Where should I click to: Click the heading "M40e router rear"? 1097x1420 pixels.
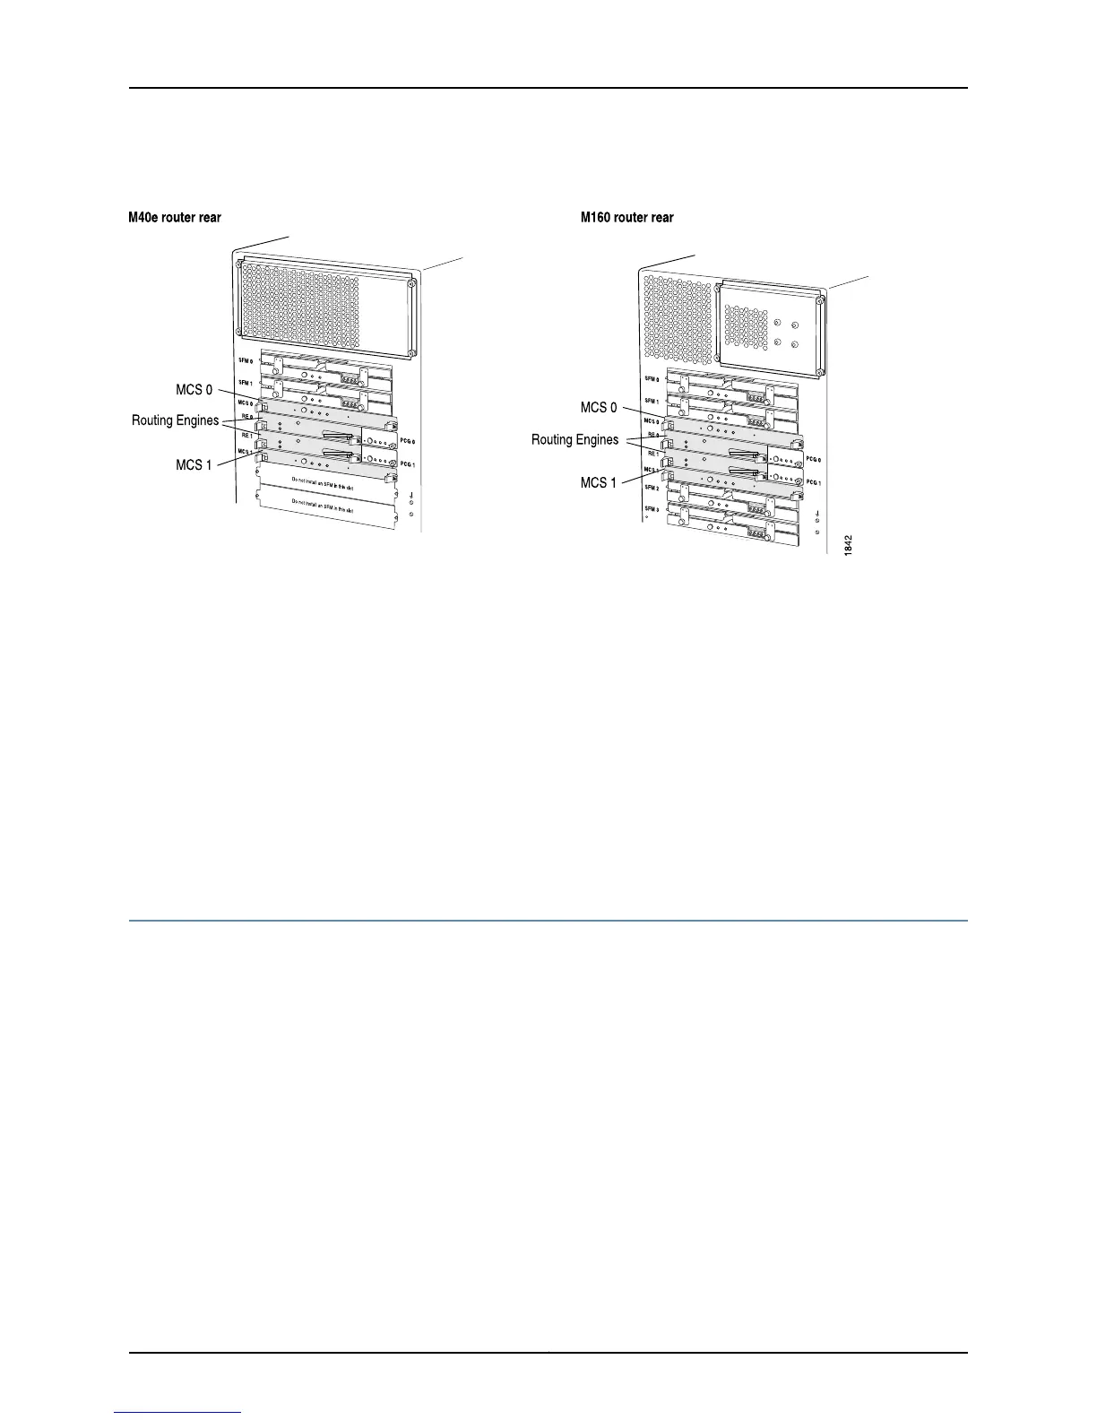coord(175,218)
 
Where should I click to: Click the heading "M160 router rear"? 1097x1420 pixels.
coord(627,218)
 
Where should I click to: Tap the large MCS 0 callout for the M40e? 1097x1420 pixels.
coord(194,390)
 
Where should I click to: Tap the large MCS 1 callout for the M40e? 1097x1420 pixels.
coord(194,465)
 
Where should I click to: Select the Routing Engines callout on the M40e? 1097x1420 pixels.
coord(176,420)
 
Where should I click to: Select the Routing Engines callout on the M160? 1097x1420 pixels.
coord(575,439)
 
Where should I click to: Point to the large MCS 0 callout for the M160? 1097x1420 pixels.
coord(599,408)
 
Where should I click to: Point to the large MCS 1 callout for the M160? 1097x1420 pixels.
coord(599,482)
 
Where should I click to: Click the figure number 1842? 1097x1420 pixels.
coord(849,545)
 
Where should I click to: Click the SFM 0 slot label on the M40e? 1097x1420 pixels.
coord(246,360)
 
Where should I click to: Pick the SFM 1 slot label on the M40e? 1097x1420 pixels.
coord(246,383)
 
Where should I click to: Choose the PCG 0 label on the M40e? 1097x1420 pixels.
coord(408,442)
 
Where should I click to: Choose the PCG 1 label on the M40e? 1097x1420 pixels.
coord(408,464)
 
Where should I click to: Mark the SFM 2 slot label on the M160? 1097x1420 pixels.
coord(652,489)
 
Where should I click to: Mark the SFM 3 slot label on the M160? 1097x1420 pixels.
coord(652,509)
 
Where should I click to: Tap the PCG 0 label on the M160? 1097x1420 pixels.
coord(814,459)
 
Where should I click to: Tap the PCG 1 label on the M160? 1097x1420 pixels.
coord(814,482)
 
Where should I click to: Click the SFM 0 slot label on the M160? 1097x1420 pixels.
coord(652,379)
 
